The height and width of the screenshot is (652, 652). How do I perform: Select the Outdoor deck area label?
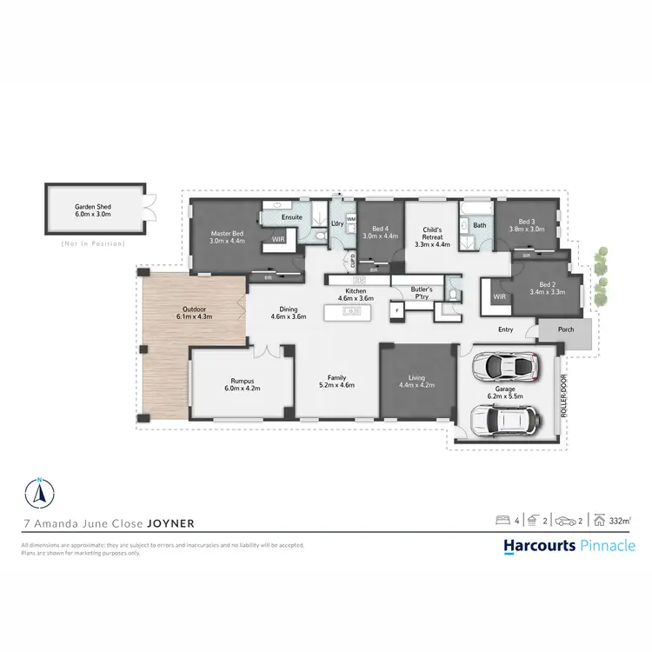pyautogui.click(x=195, y=312)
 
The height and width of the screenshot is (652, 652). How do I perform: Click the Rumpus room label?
pyautogui.click(x=243, y=383)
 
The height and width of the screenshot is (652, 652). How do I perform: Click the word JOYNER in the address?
pyautogui.click(x=170, y=524)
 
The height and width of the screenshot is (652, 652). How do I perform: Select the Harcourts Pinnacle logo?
pyautogui.click(x=569, y=546)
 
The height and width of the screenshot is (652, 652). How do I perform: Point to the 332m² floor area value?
pyautogui.click(x=620, y=521)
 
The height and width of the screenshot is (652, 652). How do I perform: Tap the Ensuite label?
pyautogui.click(x=291, y=216)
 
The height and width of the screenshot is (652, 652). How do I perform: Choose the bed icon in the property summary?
pyautogui.click(x=502, y=521)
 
